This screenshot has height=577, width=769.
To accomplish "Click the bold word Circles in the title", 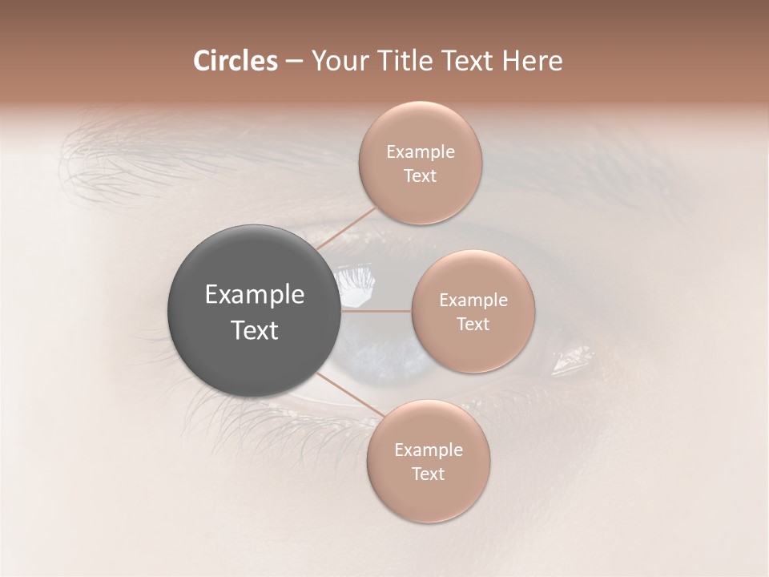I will (x=235, y=61).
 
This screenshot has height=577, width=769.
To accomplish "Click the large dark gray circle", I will (x=255, y=311).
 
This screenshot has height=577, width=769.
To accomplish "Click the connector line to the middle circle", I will (x=376, y=310).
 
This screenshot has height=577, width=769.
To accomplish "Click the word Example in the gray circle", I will (x=255, y=295).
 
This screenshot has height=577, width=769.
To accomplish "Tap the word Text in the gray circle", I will (x=255, y=330).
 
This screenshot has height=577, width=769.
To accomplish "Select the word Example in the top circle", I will (x=420, y=152).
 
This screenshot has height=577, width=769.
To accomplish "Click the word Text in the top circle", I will (x=420, y=176).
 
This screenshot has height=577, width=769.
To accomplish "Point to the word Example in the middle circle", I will (x=473, y=301).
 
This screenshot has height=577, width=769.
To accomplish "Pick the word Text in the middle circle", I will (x=473, y=325).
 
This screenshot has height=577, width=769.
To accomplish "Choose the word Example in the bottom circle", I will (x=428, y=450).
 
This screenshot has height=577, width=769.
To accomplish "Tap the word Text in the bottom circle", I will (x=428, y=474).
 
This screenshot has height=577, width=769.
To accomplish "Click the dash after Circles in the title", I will (x=293, y=62).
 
